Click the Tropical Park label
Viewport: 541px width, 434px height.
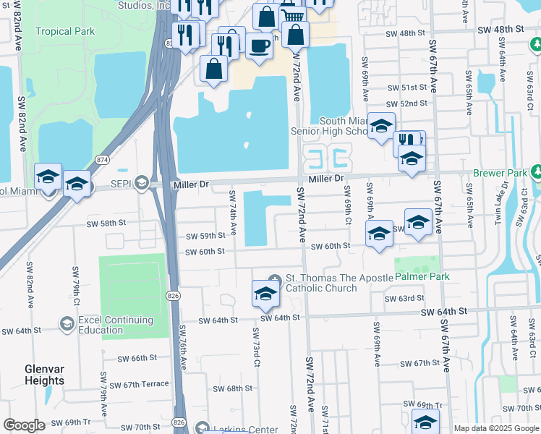65,31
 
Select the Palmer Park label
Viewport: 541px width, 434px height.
422,276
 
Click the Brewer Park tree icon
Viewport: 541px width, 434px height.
537,173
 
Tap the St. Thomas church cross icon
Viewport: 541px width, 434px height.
274,280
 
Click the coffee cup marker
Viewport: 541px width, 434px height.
259,46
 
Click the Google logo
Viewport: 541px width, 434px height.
25,425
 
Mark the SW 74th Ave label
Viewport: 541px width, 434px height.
233,213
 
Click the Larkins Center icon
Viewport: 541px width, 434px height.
202,429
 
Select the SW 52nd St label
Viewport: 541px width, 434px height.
406,103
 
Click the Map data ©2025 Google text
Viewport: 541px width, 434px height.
495,428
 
